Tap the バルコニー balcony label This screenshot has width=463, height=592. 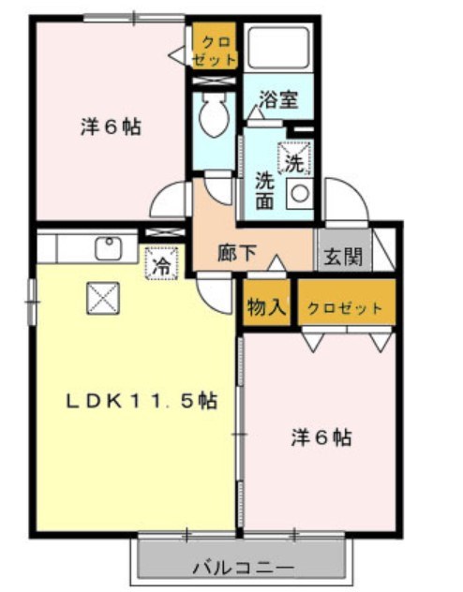[244, 567]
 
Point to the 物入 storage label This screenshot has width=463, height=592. [266, 306]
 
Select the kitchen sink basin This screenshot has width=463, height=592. [110, 249]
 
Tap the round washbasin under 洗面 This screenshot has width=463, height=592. [300, 194]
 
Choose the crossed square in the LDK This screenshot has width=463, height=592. [99, 298]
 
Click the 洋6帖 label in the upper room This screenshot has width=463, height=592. [110, 127]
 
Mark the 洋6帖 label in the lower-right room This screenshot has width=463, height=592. [321, 437]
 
